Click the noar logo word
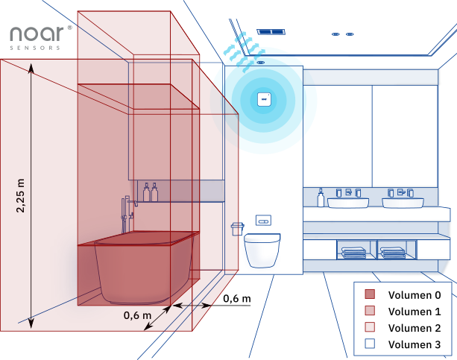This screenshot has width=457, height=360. pos(36,34)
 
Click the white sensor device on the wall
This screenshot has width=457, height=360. pos(263,99)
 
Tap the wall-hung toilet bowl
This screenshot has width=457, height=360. pos(263,249)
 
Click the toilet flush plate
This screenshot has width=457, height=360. pos(264,221)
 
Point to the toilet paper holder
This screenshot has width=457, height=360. pos(238,228)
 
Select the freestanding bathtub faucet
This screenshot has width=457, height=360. pos(127,216)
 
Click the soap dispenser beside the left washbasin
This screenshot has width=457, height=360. pos(321,198)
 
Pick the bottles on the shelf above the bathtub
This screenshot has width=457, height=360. pos(151,192)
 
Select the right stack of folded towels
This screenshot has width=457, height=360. pos(393,253)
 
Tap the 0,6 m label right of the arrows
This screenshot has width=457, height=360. pos(236,299)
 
